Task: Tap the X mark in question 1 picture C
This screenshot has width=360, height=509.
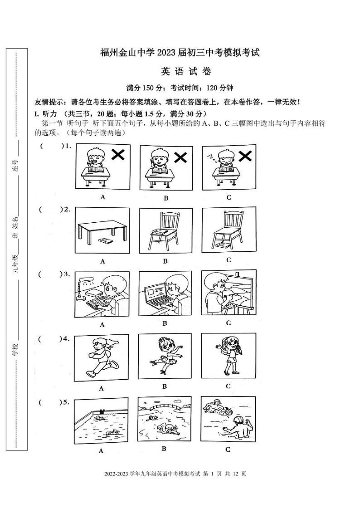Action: tap(245, 156)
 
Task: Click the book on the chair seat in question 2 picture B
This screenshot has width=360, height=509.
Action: tap(159, 232)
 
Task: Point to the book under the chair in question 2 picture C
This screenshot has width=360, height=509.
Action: tap(223, 245)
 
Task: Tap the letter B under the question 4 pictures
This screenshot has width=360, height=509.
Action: tap(165, 386)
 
